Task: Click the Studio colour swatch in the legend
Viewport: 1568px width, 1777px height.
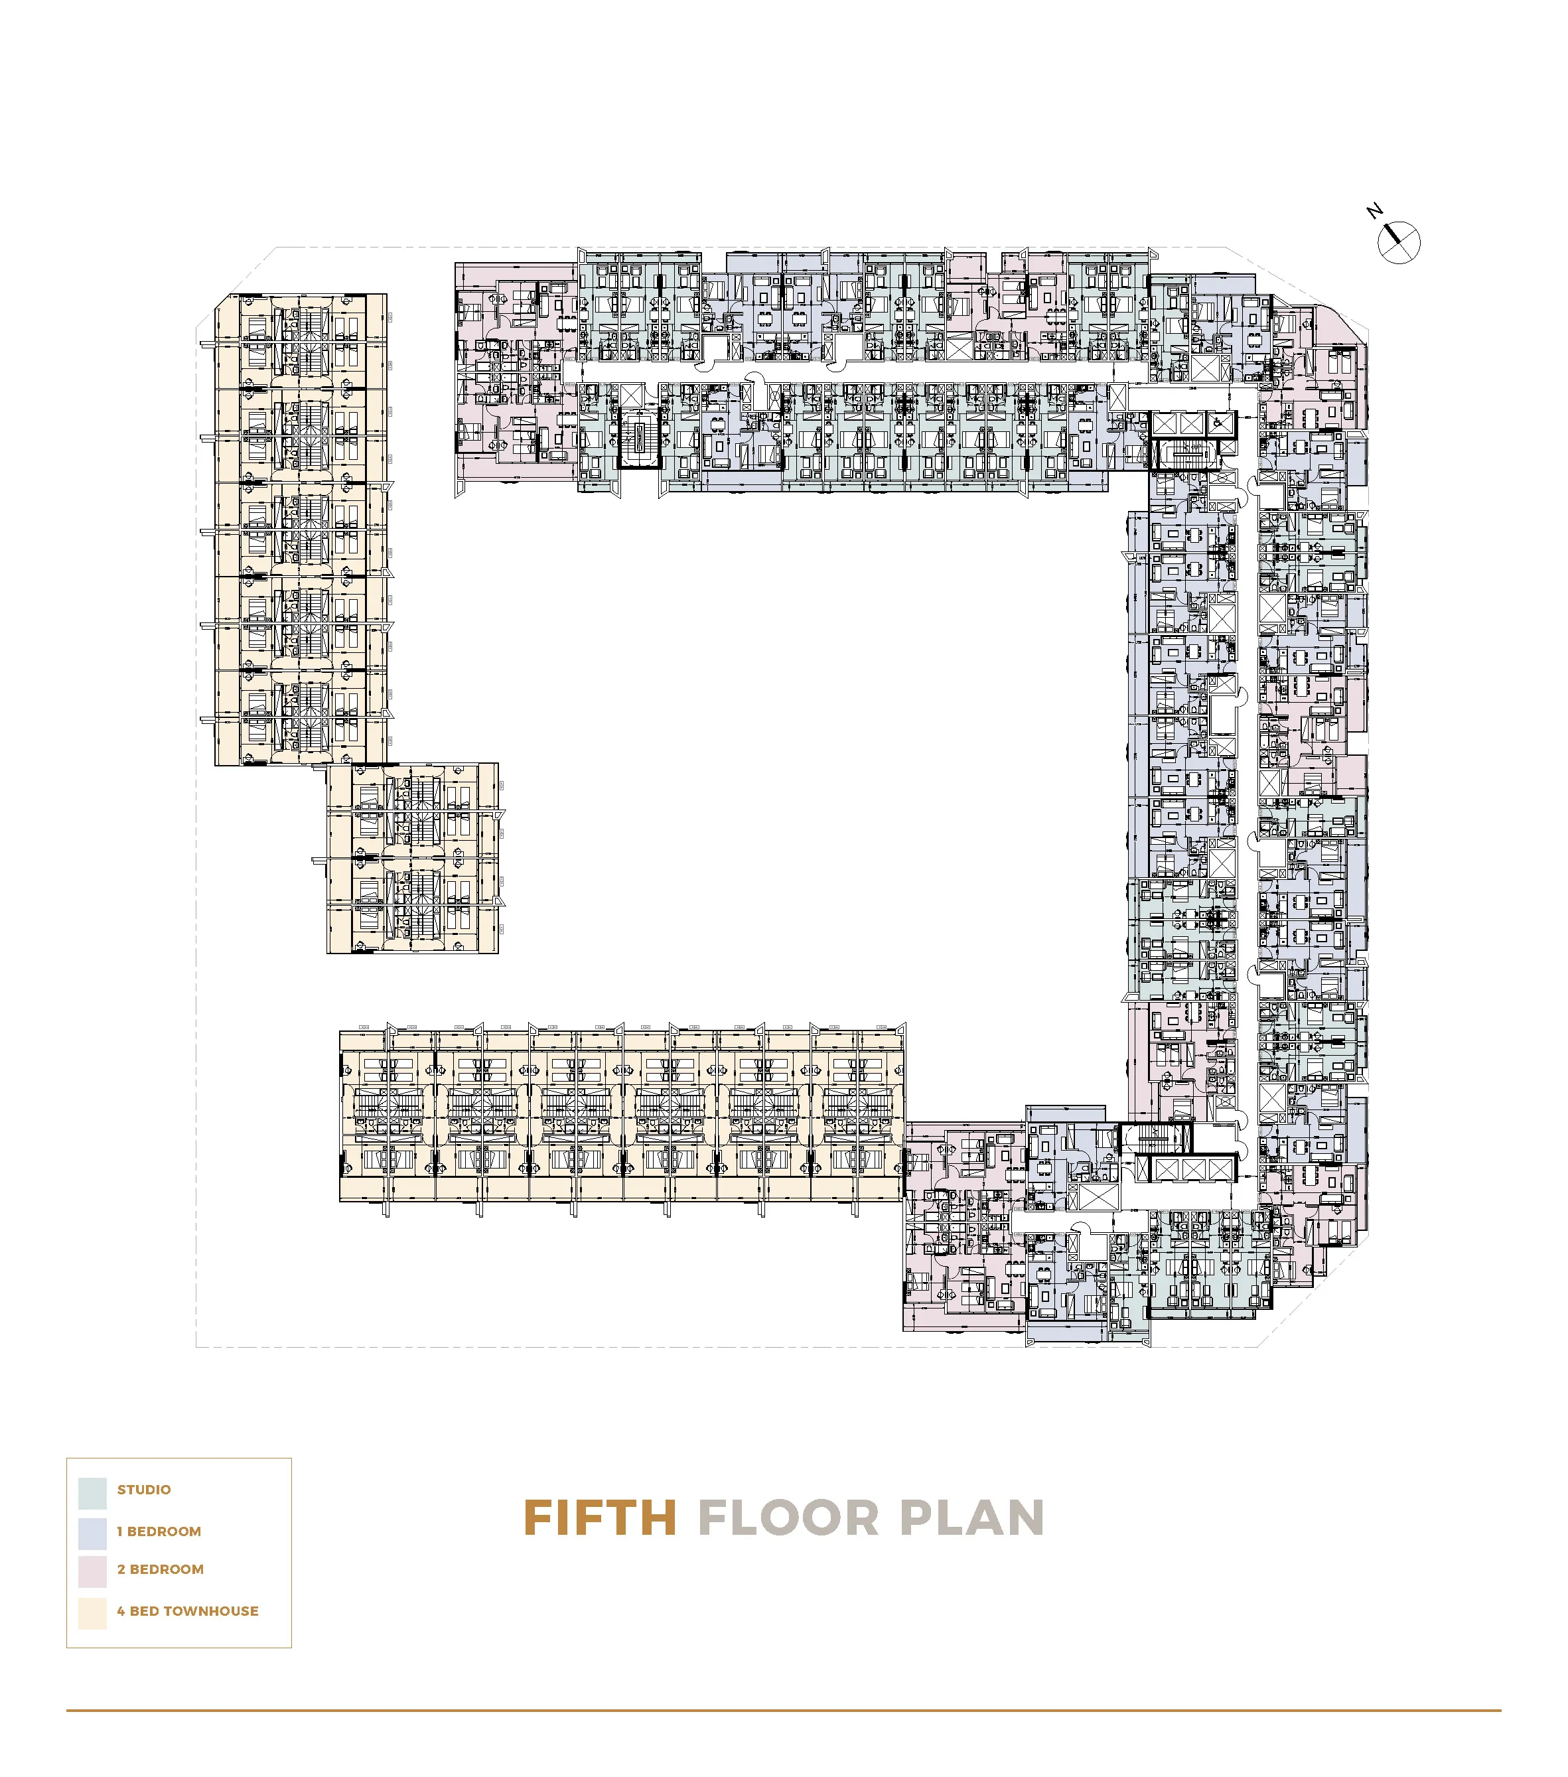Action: [x=92, y=1493]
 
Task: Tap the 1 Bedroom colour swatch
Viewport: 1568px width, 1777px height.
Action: [x=92, y=1534]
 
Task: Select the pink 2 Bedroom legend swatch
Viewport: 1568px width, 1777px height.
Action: [x=92, y=1573]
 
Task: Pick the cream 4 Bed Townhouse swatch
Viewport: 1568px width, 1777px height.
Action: [x=92, y=1614]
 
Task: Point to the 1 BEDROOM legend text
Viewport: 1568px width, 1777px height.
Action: [x=159, y=1532]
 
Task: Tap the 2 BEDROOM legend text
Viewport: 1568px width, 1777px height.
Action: [x=161, y=1569]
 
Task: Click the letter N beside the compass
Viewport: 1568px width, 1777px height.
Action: [x=1374, y=211]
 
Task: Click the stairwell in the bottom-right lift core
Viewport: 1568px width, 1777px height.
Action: [x=1155, y=1139]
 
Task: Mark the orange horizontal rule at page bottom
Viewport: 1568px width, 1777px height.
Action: [x=782, y=1710]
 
